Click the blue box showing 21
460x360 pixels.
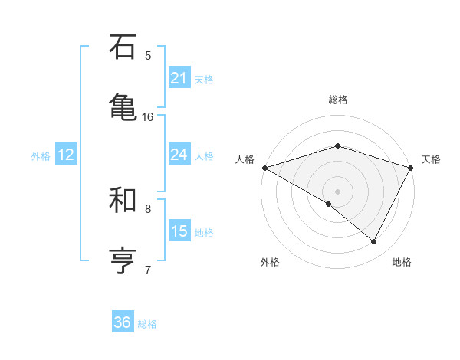[179, 77]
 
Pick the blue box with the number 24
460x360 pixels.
[179, 155]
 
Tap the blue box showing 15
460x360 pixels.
[179, 231]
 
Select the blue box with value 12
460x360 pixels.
[65, 155]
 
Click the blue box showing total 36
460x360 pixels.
[123, 322]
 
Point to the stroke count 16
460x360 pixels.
[148, 116]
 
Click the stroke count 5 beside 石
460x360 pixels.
[148, 55]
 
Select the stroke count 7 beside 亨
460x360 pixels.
[148, 270]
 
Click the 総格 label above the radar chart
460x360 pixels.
[338, 100]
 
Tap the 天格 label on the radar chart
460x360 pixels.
[431, 159]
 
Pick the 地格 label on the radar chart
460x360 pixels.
[402, 262]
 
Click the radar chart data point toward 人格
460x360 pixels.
[264, 167]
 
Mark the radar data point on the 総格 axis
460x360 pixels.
[338, 146]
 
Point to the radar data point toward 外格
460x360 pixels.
[329, 204]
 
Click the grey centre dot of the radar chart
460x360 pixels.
[338, 191]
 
